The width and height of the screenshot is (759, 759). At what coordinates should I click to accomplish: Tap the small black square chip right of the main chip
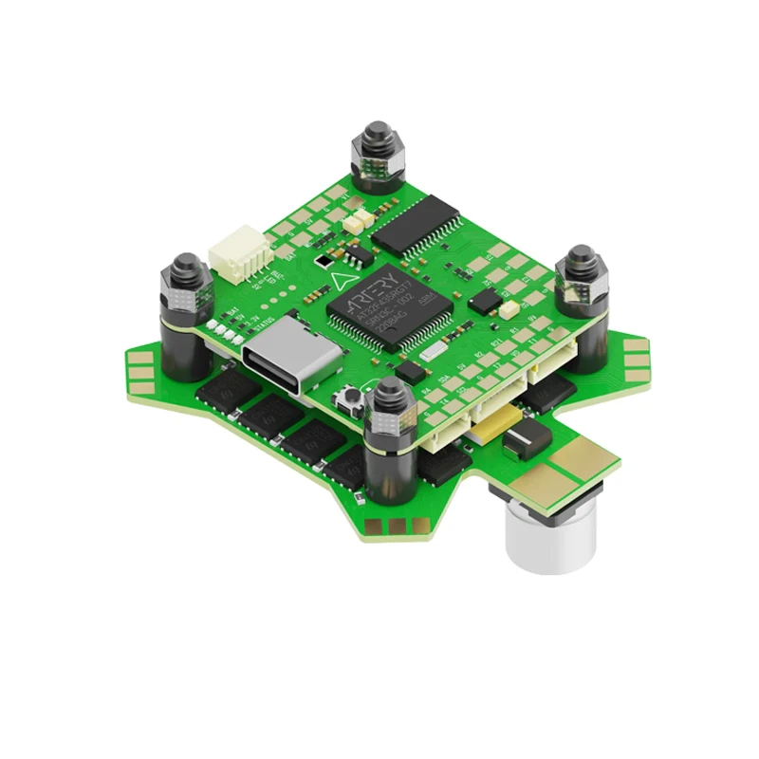click(484, 302)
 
